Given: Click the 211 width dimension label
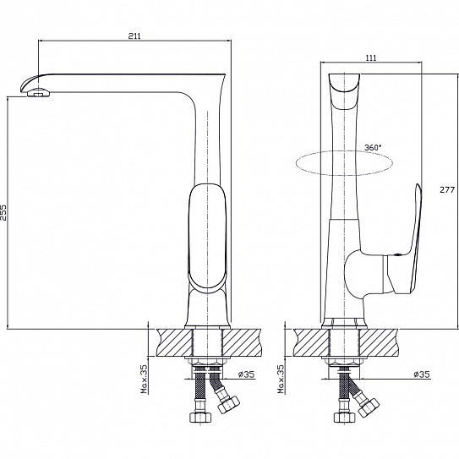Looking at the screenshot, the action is coord(134,36).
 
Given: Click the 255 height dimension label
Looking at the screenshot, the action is coord(4,213).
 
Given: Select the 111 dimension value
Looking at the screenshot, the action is coord(371,57).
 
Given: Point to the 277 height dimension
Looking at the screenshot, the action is coord(447,189).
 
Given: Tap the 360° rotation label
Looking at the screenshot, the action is coord(374,148).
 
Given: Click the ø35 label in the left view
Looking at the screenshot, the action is coord(246,374).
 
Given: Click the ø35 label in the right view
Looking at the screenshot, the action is coord(422,374).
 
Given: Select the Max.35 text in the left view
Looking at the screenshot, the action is coord(145,379).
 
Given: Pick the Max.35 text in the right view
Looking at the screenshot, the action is coord(281,379).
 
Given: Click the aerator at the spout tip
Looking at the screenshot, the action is coord(38,93).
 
